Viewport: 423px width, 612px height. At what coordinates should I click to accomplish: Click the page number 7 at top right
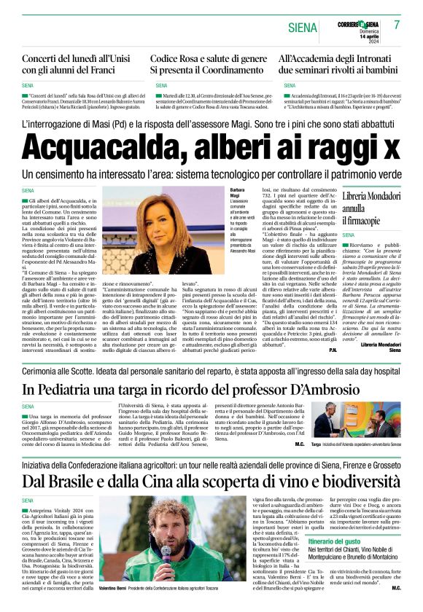(x=397, y=25)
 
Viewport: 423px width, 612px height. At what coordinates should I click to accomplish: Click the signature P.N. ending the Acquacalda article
(x=333, y=350)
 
